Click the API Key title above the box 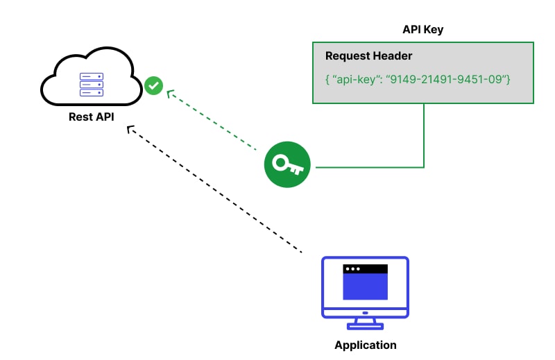(423, 30)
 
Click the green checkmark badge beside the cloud (153, 85)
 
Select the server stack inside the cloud (92, 85)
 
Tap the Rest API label (91, 117)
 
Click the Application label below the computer (365, 345)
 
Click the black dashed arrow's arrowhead (129, 128)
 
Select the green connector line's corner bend (423, 167)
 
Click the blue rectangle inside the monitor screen (365, 286)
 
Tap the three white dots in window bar (352, 268)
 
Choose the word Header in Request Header (391, 56)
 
